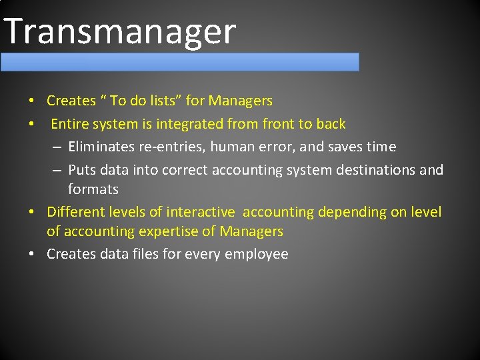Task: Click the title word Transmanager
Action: (x=120, y=31)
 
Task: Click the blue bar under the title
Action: (x=180, y=62)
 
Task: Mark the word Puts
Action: (x=82, y=170)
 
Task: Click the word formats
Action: (x=93, y=189)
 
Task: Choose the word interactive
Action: (x=201, y=212)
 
